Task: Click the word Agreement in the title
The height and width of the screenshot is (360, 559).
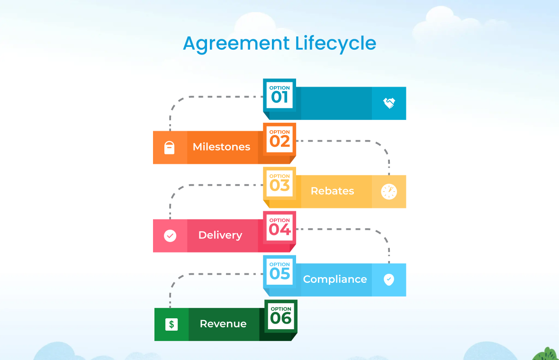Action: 236,44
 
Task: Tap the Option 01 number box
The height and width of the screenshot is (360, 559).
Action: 279,95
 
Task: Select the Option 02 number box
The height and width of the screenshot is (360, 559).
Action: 279,139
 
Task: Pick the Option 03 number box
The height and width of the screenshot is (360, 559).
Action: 279,183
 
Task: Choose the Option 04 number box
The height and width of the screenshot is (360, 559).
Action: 279,227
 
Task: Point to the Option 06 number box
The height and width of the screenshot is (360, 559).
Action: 280,315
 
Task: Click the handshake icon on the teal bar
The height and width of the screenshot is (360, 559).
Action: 389,103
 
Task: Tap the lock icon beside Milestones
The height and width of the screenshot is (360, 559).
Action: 169,148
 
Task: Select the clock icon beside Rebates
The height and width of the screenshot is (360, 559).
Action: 389,191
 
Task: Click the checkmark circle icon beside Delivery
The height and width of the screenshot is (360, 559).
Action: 170,235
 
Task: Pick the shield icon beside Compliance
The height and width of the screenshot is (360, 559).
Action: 389,279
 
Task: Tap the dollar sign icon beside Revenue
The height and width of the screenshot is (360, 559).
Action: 171,324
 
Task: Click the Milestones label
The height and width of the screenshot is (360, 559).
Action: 221,147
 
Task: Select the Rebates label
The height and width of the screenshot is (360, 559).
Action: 332,191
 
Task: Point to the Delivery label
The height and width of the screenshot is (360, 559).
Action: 220,235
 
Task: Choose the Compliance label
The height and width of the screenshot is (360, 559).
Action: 335,279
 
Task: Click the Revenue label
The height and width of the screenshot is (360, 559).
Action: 223,324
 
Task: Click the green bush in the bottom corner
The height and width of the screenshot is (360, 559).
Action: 547,354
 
